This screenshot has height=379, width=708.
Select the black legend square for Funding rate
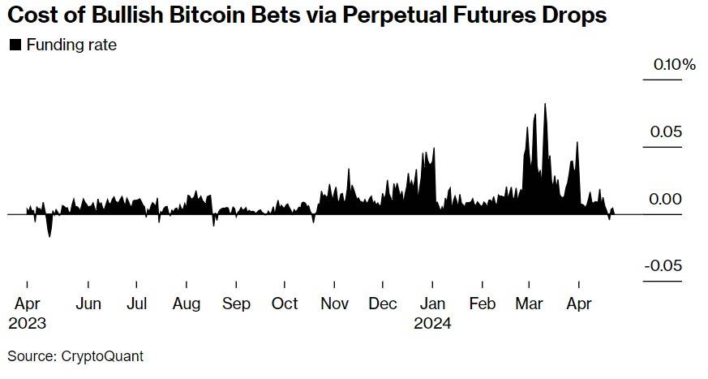point(15,45)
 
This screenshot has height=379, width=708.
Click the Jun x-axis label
point(88,304)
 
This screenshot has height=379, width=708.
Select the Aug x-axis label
point(187,304)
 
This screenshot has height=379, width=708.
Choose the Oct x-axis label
point(285,304)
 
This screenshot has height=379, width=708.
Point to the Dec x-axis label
point(383,304)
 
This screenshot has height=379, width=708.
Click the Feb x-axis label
point(482,304)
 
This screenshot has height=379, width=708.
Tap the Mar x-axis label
point(529,304)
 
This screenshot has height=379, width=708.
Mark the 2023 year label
point(27,322)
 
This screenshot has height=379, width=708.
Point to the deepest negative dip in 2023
point(49,236)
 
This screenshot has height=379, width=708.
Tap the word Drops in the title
point(582,16)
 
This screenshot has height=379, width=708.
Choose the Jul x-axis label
point(137,304)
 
